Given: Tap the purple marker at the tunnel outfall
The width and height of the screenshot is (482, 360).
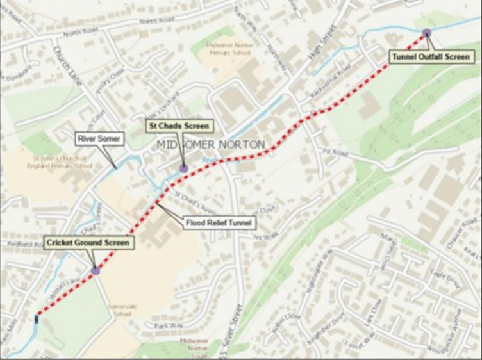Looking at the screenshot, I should [x=426, y=33].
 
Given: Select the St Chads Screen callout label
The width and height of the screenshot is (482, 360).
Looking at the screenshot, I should [x=178, y=125].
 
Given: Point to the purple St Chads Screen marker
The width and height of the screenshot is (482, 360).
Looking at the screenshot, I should [x=184, y=168].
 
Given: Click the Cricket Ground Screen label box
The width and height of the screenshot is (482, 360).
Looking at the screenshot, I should [x=87, y=243].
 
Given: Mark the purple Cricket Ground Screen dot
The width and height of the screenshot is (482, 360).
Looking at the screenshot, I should [x=96, y=271].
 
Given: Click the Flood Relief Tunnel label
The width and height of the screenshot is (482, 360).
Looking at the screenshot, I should [x=219, y=223].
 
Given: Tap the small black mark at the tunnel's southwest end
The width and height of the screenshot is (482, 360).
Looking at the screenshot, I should [x=37, y=316].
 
